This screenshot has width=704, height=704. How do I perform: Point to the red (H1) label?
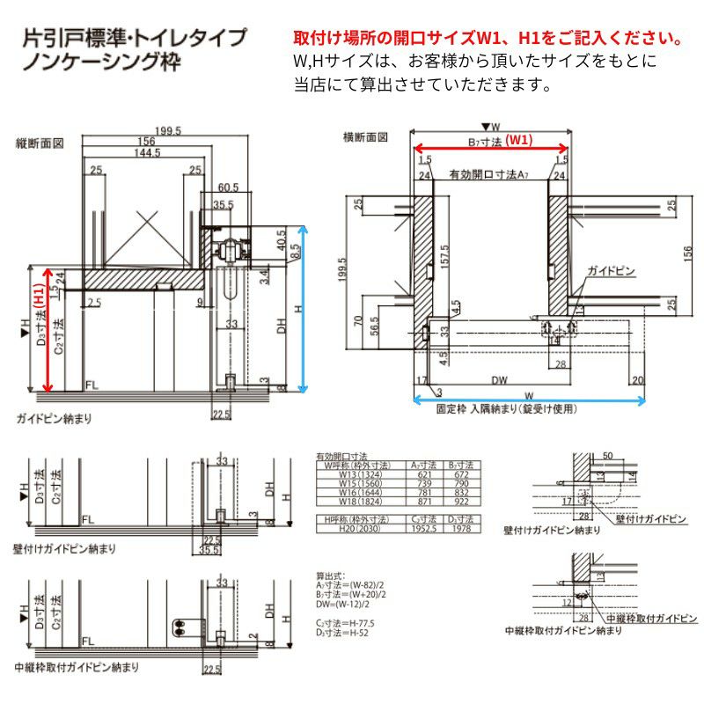pos(38,290)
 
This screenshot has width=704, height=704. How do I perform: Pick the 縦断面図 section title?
pos(40,142)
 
